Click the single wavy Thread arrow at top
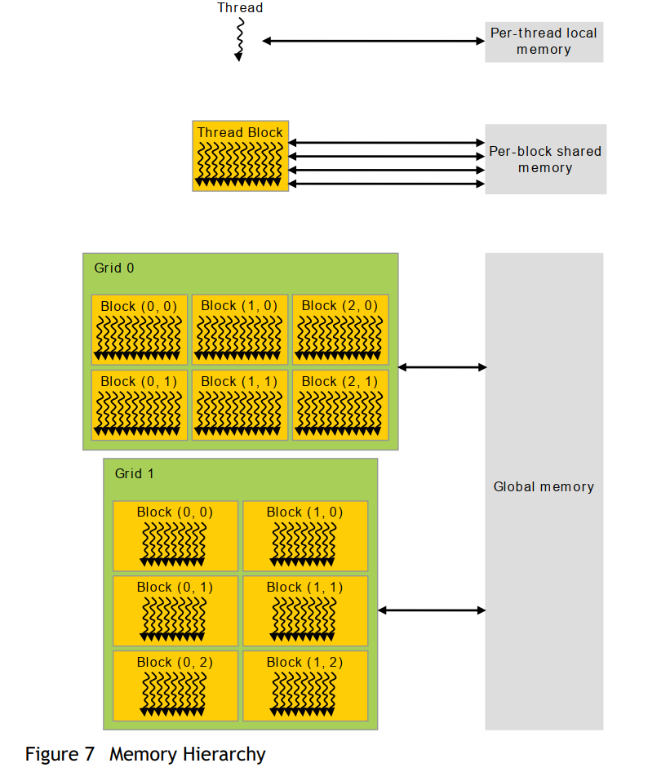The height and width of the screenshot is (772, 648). [x=239, y=39]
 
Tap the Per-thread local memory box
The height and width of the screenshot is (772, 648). [x=544, y=42]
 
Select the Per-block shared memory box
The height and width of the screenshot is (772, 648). [x=545, y=159]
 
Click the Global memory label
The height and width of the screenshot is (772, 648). [x=544, y=486]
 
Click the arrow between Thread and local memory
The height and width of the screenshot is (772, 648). [x=373, y=40]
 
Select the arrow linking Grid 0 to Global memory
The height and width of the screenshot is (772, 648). [x=442, y=367]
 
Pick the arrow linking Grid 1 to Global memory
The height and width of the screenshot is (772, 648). [x=432, y=610]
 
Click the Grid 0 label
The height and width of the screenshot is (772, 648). [x=113, y=268]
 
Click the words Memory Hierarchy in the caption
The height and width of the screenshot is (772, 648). [x=188, y=753]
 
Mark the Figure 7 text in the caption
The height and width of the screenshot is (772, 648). [x=60, y=753]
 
